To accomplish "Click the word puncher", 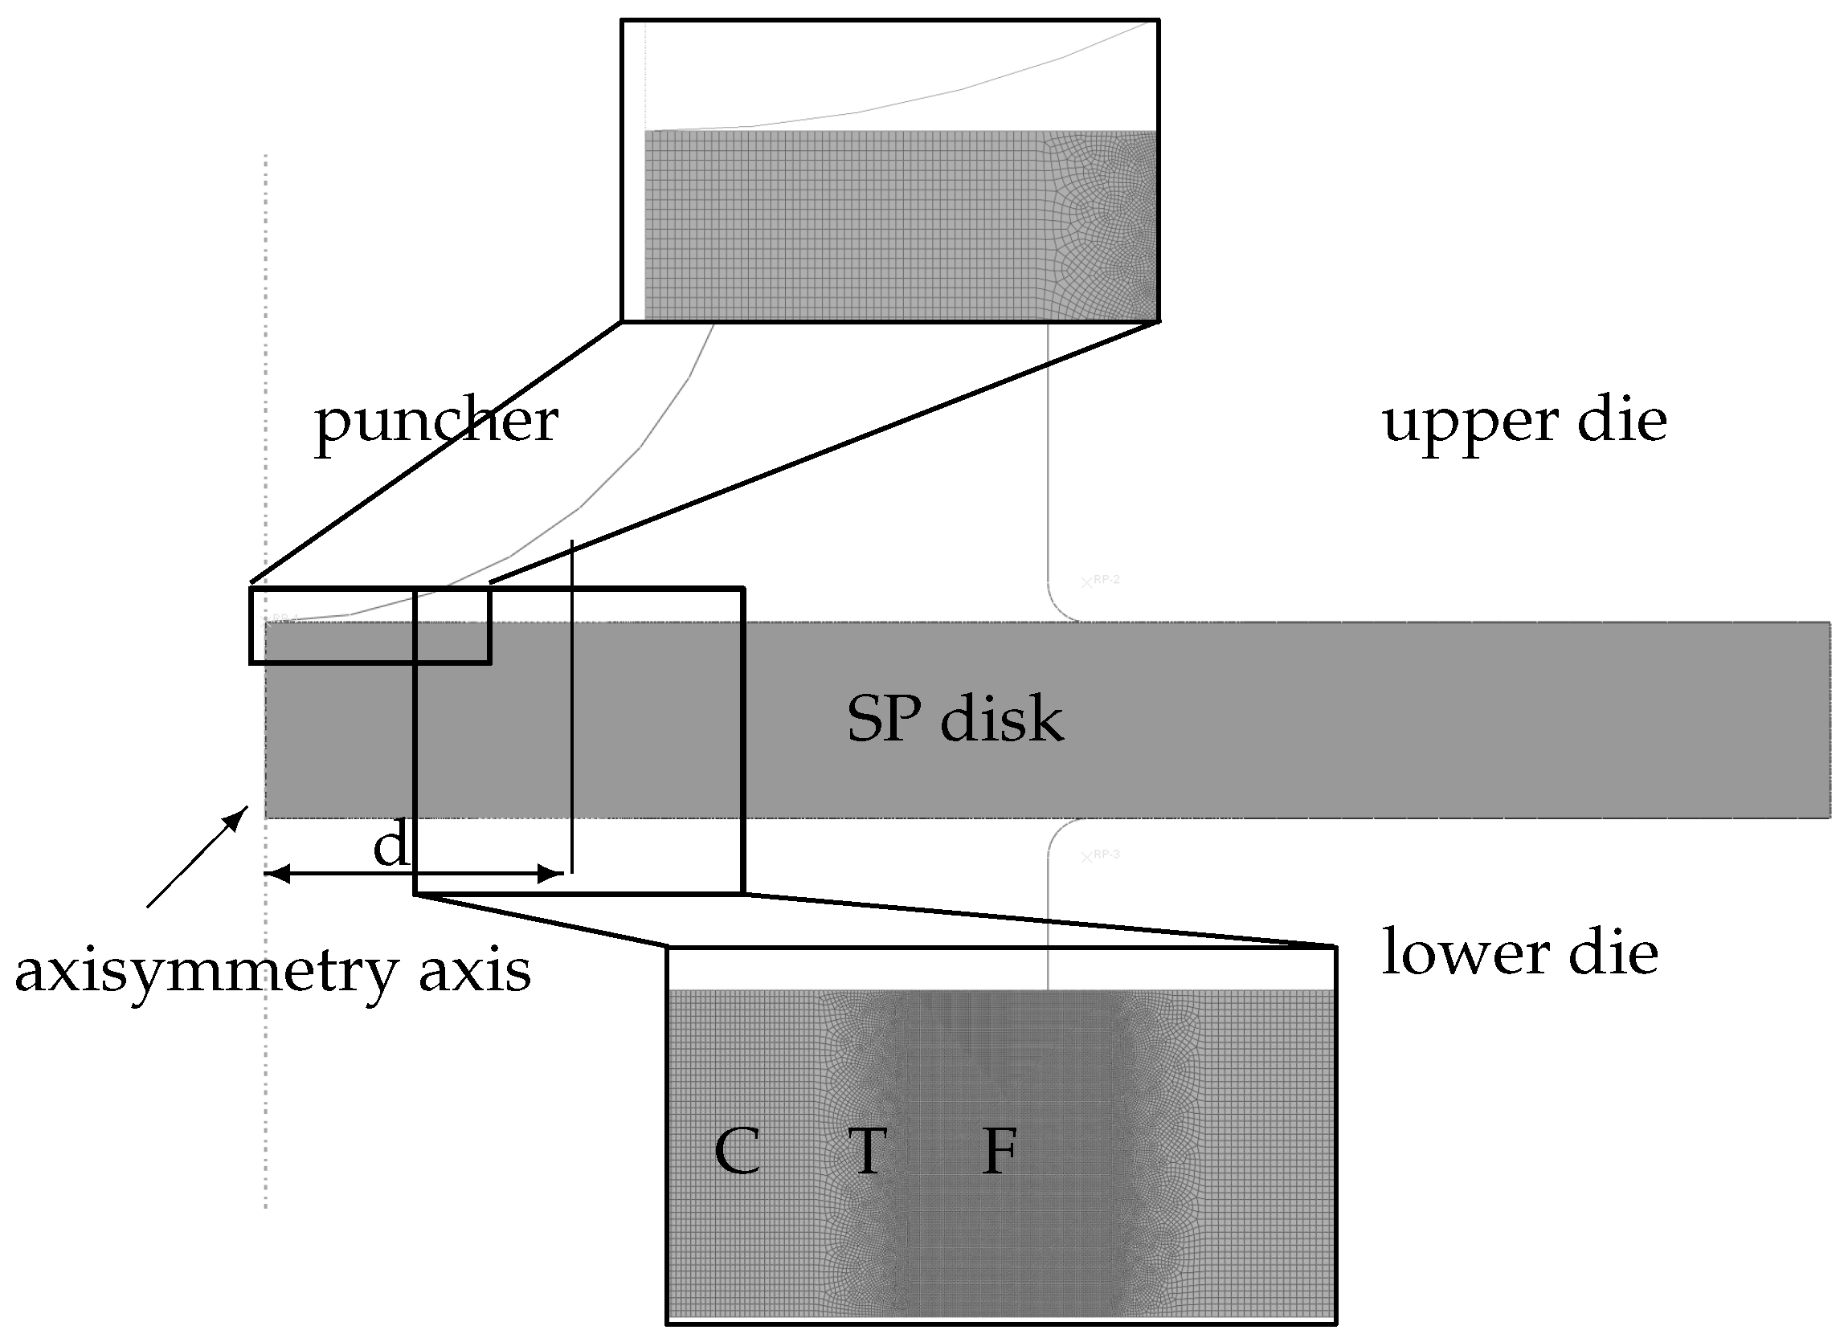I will click(x=435, y=422).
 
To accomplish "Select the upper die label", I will click(x=1524, y=422).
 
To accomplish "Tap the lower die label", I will click(x=1519, y=953).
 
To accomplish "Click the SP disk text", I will click(x=955, y=720).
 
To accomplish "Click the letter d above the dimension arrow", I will click(x=390, y=846).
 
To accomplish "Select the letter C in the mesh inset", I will click(x=737, y=1152).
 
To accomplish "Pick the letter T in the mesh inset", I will click(x=867, y=1152).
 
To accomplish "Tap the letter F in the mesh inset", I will click(x=1000, y=1152).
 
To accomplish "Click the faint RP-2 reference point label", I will click(x=1106, y=580).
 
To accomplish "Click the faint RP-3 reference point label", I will click(x=1106, y=855).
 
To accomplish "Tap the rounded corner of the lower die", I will click(x=1060, y=830).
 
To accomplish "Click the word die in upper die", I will click(x=1621, y=422).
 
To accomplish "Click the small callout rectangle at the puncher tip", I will click(x=370, y=626).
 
